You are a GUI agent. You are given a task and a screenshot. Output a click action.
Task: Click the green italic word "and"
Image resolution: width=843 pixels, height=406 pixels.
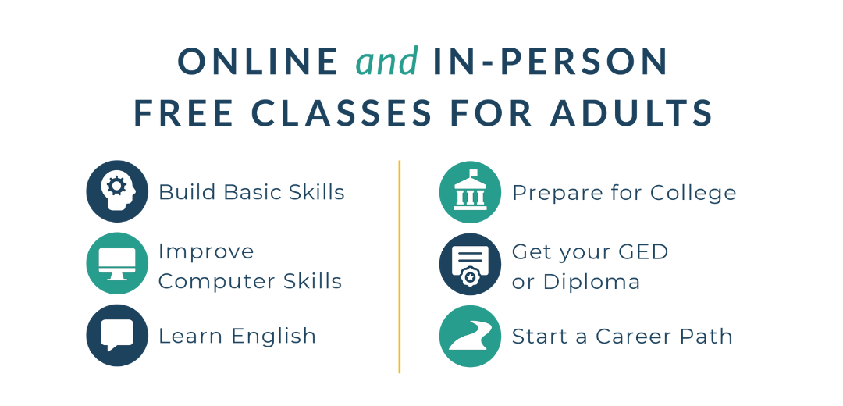386,61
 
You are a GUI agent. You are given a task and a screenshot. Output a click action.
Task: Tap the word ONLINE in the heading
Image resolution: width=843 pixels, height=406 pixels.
258,62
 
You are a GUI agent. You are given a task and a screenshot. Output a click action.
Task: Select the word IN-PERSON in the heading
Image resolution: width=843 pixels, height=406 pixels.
550,62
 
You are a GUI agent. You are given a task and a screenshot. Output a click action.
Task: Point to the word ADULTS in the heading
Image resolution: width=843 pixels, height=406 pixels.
631,113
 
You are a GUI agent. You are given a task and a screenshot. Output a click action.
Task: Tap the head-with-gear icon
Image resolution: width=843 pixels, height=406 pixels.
117,191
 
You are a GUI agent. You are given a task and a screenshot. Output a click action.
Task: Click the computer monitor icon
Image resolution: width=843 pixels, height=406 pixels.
117,263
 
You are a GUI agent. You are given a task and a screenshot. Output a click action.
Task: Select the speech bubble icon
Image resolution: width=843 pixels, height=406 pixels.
117,336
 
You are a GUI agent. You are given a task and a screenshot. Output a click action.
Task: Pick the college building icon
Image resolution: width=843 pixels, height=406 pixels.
470,192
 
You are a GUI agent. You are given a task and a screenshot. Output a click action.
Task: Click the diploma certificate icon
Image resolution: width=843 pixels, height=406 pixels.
470,264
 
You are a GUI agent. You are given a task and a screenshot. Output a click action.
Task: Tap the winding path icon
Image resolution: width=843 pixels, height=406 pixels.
470,336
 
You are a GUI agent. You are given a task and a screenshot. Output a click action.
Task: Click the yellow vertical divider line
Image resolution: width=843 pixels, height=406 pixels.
400,266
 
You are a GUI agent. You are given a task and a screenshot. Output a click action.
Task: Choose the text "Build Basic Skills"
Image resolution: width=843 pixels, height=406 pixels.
251,192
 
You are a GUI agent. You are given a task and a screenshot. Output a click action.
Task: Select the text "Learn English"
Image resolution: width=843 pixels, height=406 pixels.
237,337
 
